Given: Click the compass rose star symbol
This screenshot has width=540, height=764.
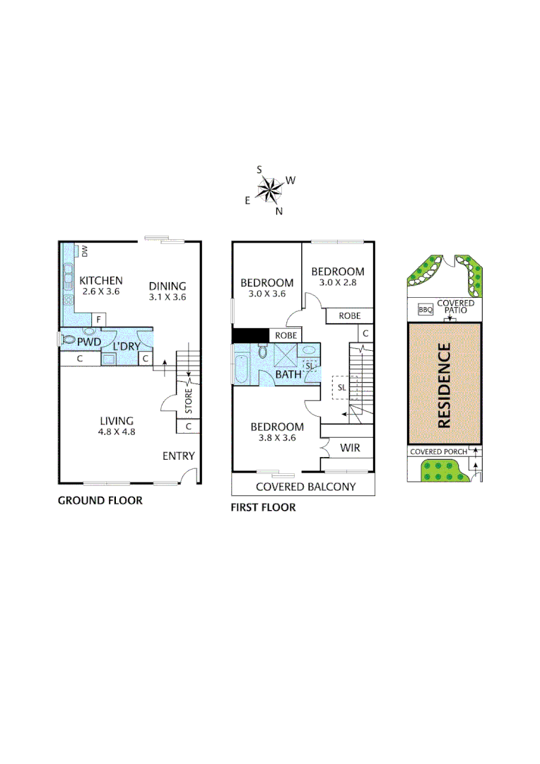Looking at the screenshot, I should click(x=269, y=188).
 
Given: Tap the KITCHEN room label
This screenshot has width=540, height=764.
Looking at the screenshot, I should click(x=101, y=280).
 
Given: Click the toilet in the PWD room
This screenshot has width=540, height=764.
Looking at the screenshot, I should click(x=69, y=340).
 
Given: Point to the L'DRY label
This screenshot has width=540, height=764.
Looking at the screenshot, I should click(x=127, y=347).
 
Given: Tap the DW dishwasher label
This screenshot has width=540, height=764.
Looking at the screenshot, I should click(x=84, y=250).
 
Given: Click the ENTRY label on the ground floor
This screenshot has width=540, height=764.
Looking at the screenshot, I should click(x=178, y=456).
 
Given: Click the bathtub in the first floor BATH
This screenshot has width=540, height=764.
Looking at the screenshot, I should click(x=240, y=363).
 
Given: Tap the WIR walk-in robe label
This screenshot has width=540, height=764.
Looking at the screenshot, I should click(x=351, y=448).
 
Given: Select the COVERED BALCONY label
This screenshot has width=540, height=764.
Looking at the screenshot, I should click(x=305, y=487).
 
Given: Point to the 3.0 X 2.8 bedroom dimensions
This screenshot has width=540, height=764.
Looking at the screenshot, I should click(x=338, y=282).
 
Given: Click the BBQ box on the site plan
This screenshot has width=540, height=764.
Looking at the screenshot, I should click(x=425, y=310).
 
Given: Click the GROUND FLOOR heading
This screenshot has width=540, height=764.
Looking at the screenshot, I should click(x=100, y=501).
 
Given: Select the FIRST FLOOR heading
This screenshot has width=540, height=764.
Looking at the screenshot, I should click(x=263, y=507).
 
